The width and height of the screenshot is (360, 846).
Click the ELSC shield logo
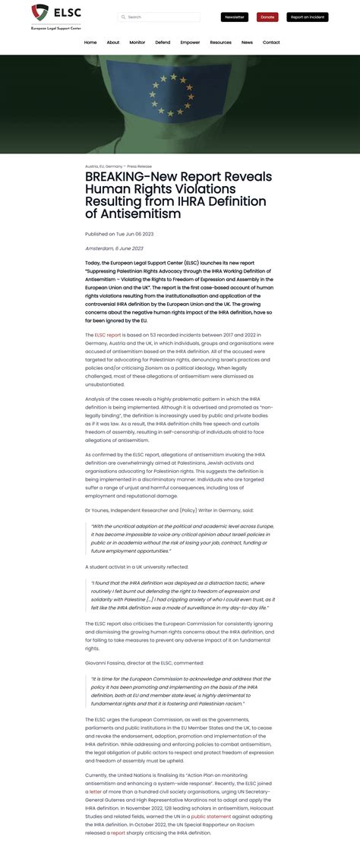point(40,13)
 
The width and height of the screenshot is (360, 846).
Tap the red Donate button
point(267,17)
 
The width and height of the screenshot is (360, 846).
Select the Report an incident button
point(307,17)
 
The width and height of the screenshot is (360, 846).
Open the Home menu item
point(90,43)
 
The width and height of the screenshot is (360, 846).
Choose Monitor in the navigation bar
point(137,43)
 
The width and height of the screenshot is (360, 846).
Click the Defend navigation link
point(163,43)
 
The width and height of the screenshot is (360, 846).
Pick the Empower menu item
point(191,43)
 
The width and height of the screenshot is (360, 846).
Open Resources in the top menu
point(221,43)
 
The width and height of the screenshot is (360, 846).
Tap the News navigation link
point(248,43)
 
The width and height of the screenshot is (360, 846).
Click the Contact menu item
point(271,43)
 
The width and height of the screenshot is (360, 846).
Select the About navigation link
point(113,43)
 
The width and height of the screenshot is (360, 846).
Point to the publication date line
point(119,234)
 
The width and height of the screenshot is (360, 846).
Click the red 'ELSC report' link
point(108,335)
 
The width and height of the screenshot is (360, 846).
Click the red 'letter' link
point(95,791)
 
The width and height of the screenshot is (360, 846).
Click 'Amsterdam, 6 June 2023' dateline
point(114,248)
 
